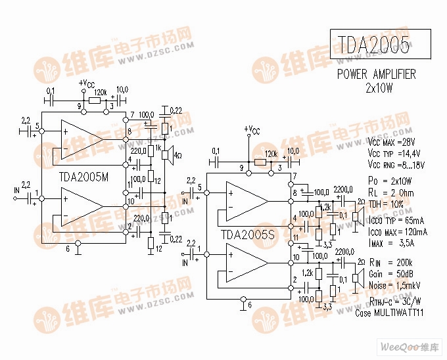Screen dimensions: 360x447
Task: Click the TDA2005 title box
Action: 380,45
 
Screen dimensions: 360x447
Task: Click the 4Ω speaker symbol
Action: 167,156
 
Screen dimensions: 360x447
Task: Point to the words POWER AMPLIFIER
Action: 377,74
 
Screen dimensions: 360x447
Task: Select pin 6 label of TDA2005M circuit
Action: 68,249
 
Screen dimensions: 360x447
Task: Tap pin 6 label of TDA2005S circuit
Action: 249,305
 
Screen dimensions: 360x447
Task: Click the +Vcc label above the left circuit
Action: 86,83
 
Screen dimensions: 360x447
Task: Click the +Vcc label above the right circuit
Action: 252,129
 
